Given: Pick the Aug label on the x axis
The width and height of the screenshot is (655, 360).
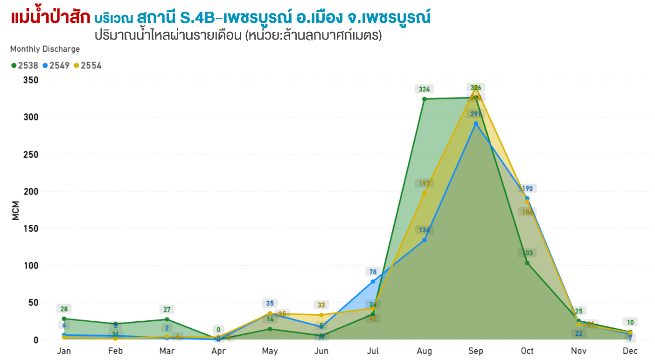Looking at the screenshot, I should [x=424, y=351].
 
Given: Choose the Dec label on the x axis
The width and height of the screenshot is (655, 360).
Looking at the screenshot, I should [x=630, y=351].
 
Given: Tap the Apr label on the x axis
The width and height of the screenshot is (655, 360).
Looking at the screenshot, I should [x=218, y=351].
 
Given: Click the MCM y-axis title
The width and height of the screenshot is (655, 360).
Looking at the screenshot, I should [x=15, y=210].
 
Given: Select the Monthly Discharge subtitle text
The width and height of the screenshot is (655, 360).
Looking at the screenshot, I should [x=45, y=49].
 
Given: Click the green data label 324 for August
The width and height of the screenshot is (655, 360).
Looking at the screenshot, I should [x=424, y=89].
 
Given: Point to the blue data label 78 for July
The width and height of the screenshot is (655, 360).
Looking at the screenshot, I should [x=373, y=272].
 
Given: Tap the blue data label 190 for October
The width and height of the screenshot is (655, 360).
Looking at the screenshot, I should [x=527, y=188].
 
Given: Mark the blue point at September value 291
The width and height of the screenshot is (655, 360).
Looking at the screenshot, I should [x=476, y=124].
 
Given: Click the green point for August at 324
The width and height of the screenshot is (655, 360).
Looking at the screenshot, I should [x=424, y=99].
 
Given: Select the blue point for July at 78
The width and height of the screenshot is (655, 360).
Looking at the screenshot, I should [x=373, y=282].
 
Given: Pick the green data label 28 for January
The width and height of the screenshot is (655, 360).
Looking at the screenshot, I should [x=64, y=309].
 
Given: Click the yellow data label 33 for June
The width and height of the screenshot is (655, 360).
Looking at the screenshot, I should [x=321, y=305].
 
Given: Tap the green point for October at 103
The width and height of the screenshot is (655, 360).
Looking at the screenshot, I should [x=527, y=263].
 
